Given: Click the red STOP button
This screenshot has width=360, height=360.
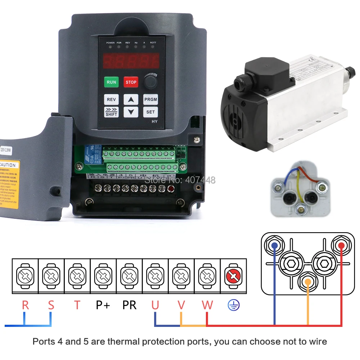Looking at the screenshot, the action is [131, 82].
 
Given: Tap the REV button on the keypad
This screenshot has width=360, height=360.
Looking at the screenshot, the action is [112, 100].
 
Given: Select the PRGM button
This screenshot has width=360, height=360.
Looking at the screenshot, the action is [150, 100].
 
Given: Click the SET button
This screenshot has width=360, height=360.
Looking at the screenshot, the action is [150, 112].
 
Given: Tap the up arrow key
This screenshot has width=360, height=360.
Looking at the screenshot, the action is [131, 100].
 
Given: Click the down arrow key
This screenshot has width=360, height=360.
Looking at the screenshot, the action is [131, 112].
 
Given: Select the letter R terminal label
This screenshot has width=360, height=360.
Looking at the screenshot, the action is [25, 305].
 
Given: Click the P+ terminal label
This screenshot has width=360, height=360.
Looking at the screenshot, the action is [103, 305].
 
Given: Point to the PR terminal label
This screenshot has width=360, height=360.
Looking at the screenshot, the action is [129, 305].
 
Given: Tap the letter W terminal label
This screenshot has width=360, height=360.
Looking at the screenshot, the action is [207, 305].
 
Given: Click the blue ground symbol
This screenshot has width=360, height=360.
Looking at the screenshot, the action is [233, 306].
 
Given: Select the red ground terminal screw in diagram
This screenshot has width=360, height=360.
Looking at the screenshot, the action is [233, 276].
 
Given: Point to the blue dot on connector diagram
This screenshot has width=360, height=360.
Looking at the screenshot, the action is [275, 246].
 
